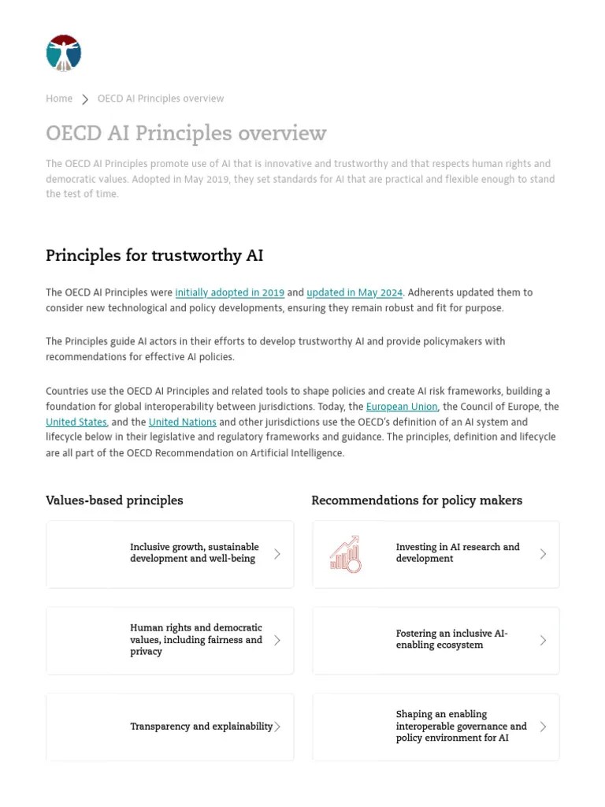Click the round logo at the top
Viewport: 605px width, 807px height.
64,53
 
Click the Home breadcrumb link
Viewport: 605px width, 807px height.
59,99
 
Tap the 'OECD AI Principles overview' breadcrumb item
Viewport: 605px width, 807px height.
161,99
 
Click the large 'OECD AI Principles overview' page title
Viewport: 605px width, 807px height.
186,133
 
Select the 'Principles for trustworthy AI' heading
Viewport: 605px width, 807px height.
154,255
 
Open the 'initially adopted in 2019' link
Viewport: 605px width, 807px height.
229,292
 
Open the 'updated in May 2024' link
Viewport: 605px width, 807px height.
354,292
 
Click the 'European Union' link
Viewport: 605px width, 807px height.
402,407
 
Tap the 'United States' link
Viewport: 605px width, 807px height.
76,422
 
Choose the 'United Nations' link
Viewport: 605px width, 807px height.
182,422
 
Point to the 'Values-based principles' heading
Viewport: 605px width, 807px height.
114,500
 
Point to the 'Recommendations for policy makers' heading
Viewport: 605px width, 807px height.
417,500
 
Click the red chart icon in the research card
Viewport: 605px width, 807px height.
345,554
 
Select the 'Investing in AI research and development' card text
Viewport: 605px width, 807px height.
458,552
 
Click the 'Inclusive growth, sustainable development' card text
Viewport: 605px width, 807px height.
195,552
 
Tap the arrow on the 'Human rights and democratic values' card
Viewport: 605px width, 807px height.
277,640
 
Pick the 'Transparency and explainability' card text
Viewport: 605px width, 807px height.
201,727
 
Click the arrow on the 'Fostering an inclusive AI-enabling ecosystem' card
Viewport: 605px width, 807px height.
543,640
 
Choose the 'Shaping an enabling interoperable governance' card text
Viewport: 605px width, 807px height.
461,726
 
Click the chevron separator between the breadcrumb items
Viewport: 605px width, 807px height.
85,99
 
